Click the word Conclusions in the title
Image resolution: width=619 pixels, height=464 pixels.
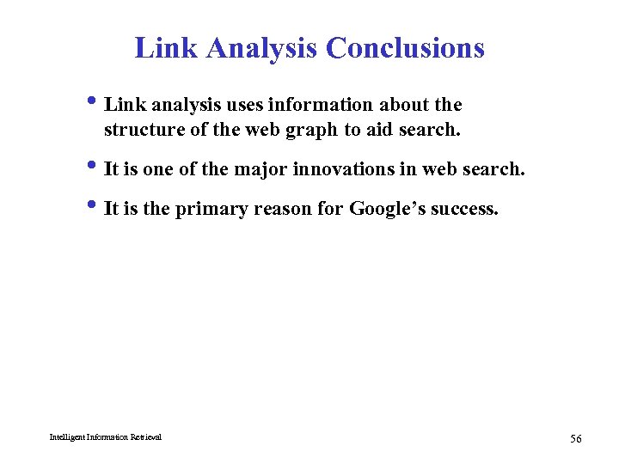[x=405, y=47]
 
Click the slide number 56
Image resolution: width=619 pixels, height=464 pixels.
[x=575, y=439]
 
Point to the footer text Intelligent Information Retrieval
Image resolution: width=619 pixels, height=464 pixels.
[x=105, y=437]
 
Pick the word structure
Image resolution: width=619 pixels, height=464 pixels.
[x=138, y=131]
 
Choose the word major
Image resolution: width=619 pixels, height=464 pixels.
[x=260, y=169]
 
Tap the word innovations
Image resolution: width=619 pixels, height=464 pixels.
[x=344, y=169]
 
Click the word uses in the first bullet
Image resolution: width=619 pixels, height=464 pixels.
[x=245, y=105]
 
